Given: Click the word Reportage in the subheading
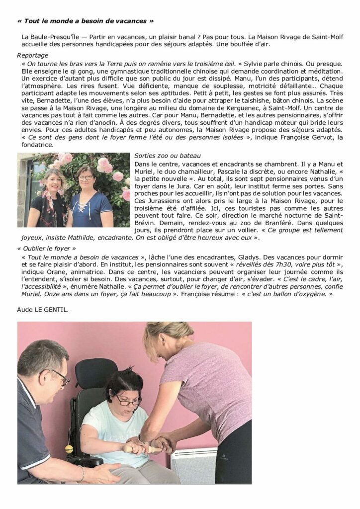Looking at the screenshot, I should click(x=32, y=55).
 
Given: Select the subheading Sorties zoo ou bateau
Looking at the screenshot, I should click(x=164, y=156).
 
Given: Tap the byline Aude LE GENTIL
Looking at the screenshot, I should click(x=43, y=310).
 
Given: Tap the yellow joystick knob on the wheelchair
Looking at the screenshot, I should click(x=69, y=449).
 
